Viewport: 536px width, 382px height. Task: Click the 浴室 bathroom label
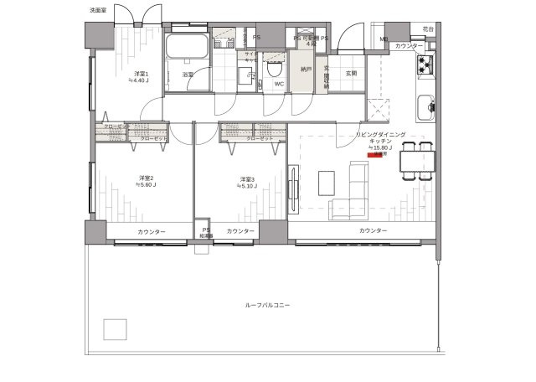188,75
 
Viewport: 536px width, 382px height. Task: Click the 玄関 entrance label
352,73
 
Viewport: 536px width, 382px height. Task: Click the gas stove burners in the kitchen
426,65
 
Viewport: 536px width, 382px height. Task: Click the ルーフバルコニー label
267,306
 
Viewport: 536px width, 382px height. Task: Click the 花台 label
428,29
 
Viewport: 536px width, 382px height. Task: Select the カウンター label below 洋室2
147,232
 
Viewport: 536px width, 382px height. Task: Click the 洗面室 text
98,10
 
